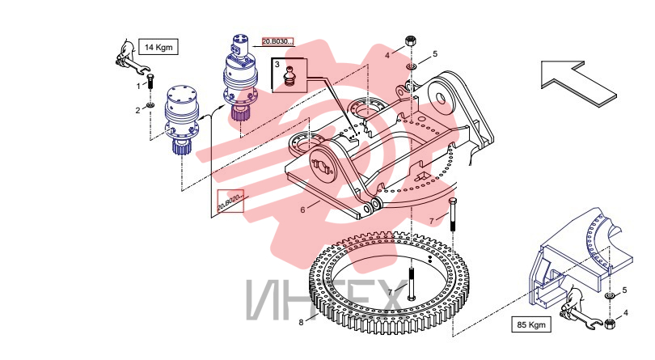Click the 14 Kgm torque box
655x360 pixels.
[x=158, y=47]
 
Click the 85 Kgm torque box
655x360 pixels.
[x=531, y=324]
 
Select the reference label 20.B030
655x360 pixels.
[x=278, y=41]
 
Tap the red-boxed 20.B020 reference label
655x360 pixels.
[x=230, y=201]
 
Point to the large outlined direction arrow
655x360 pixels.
[x=578, y=83]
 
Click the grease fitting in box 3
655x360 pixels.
[x=289, y=76]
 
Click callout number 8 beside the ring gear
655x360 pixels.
[x=301, y=322]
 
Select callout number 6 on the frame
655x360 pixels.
[x=303, y=210]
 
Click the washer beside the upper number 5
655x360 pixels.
[x=412, y=66]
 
